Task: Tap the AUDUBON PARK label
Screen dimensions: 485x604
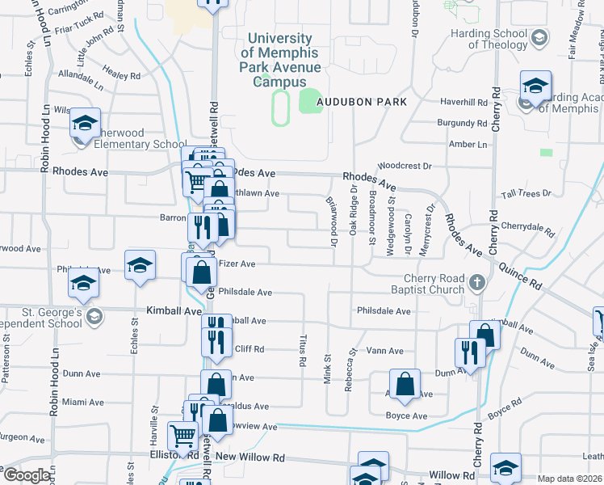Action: click(x=361, y=102)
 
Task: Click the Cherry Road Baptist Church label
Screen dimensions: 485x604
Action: click(x=429, y=284)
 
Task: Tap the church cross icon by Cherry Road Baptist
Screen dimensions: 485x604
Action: click(x=477, y=282)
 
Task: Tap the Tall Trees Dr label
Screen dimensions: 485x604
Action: click(x=526, y=193)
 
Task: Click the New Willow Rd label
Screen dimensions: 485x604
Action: click(x=250, y=457)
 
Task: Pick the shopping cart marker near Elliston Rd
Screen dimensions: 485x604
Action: click(x=183, y=436)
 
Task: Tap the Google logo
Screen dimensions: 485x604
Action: click(x=27, y=476)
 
